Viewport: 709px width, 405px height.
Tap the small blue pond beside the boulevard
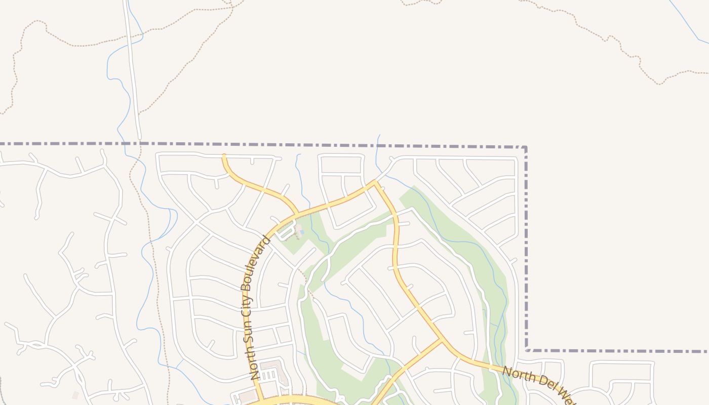(302, 232)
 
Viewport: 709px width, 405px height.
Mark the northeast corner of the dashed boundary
(525, 147)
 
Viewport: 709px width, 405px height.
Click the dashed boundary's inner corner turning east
(527, 350)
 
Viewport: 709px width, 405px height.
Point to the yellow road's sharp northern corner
(375, 182)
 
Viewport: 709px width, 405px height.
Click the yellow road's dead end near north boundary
(224, 156)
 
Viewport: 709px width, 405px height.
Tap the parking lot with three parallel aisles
(268, 375)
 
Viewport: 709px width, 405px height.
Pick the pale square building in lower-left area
(75, 395)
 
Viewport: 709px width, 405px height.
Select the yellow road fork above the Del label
(442, 341)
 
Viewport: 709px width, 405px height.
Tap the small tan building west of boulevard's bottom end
(248, 395)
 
